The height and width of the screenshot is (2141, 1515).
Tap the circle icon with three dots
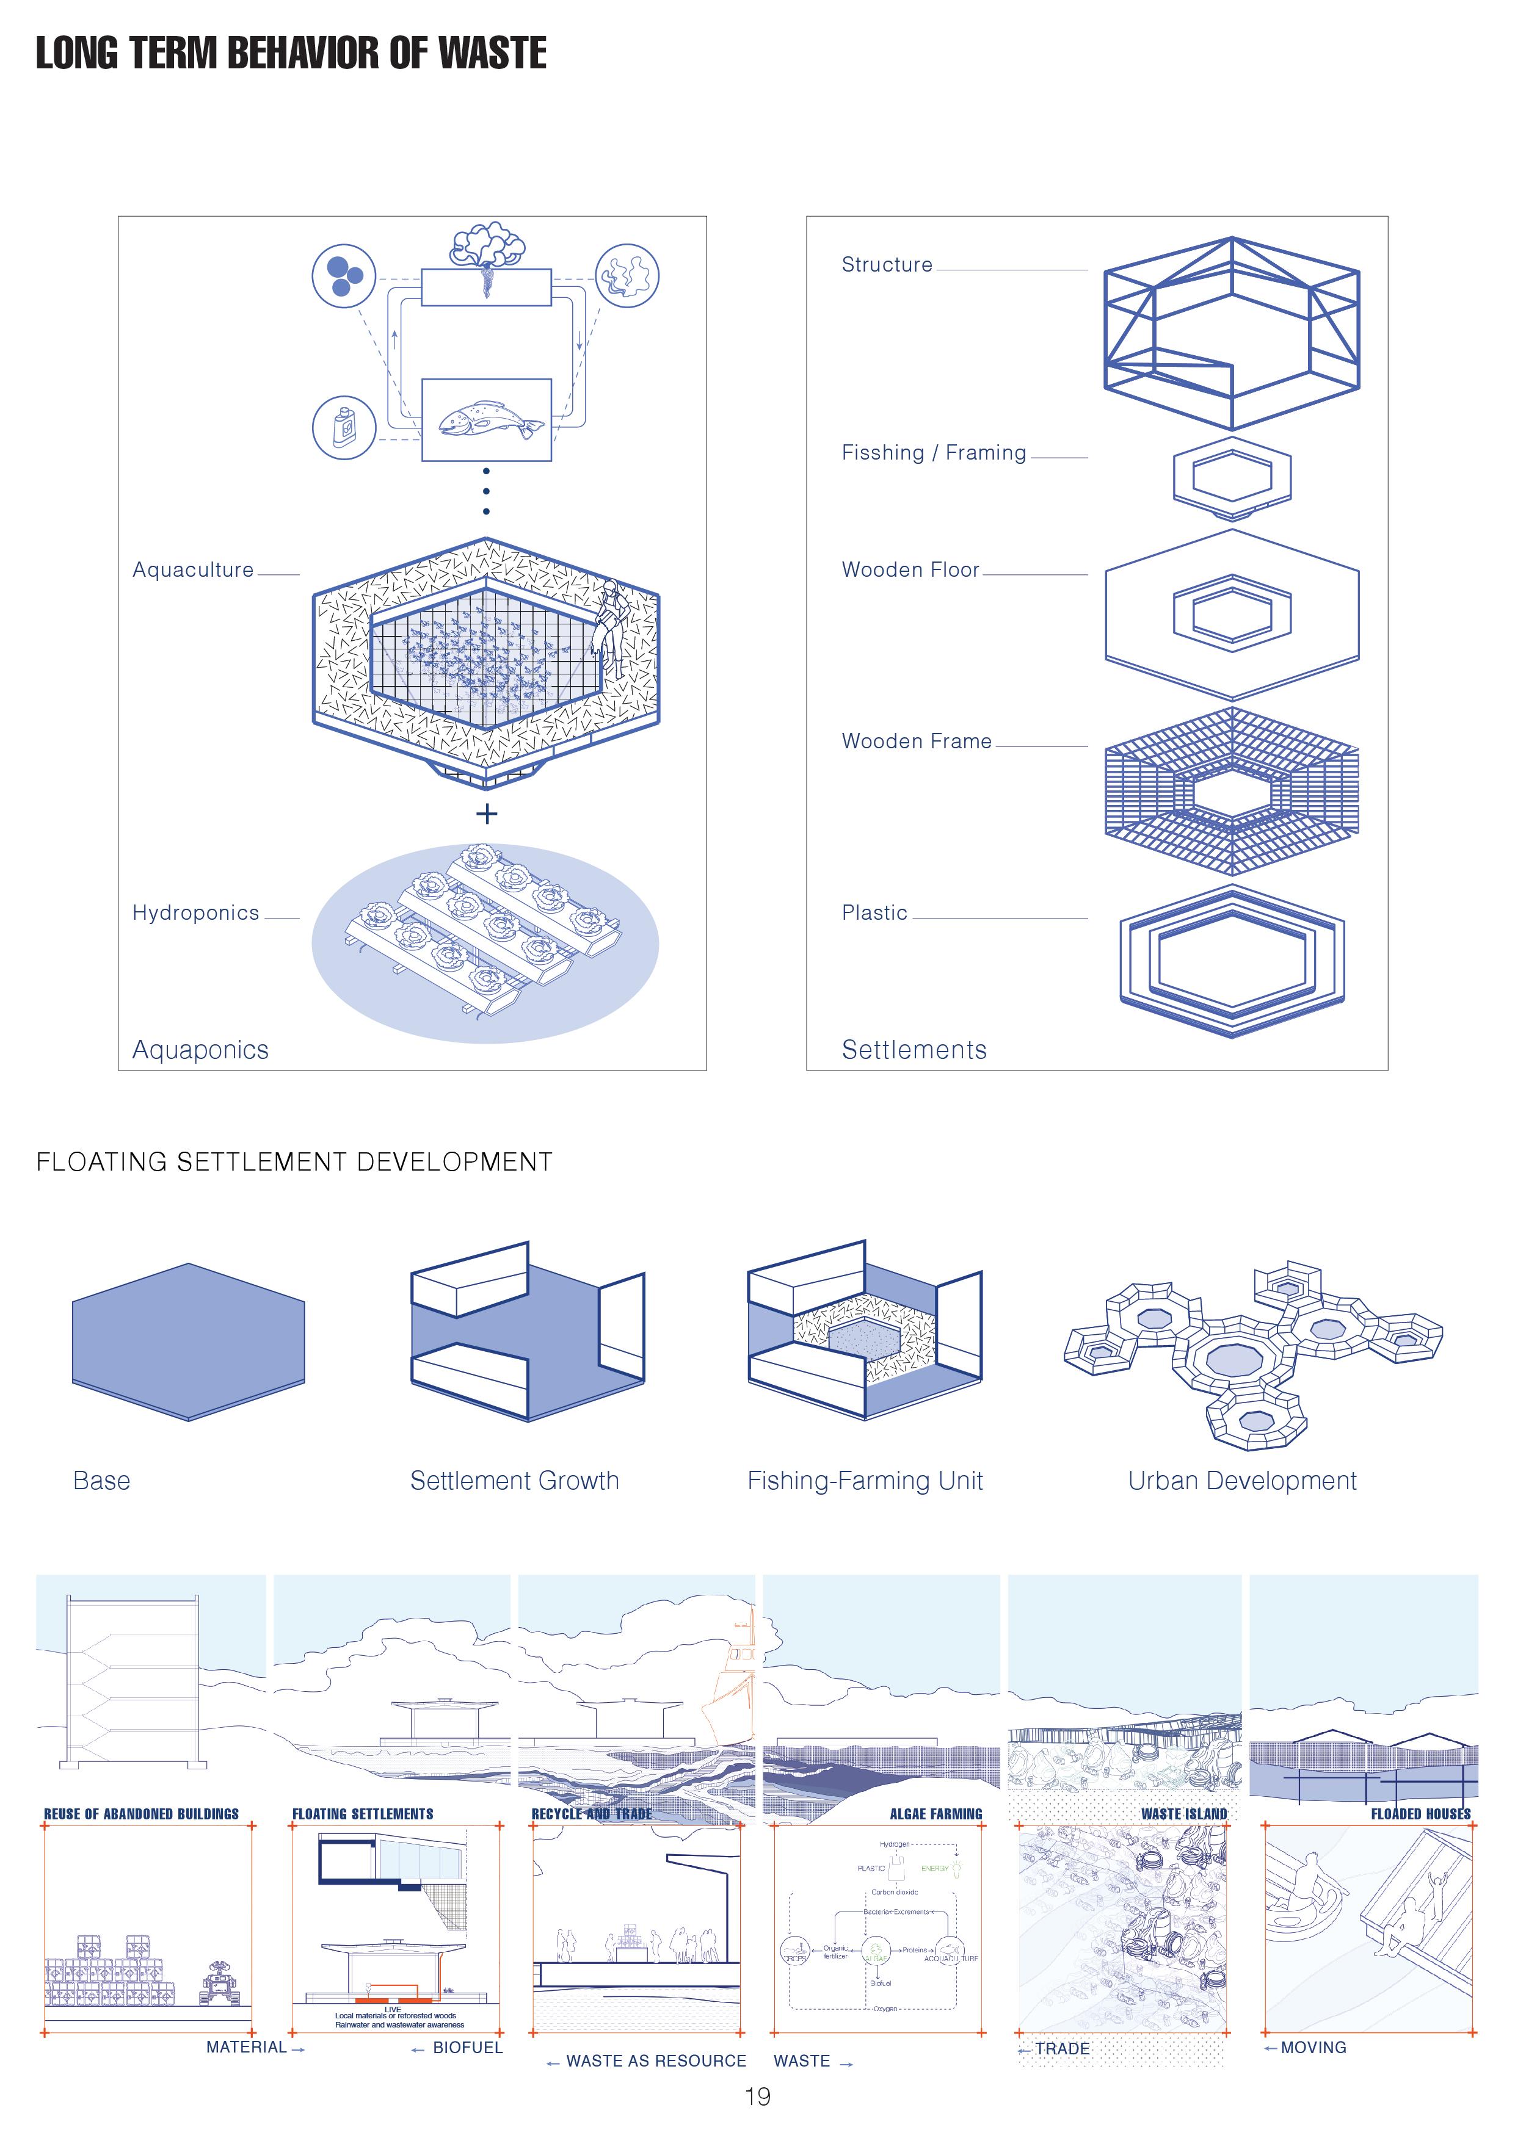[343, 276]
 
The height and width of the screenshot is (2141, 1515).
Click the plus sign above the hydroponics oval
[486, 814]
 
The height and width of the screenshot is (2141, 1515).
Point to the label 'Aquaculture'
[193, 570]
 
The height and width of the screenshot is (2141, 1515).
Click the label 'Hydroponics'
[196, 913]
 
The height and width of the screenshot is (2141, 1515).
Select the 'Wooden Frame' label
[916, 742]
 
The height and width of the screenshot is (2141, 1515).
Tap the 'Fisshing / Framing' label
[933, 453]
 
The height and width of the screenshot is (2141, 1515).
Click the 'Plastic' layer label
[874, 913]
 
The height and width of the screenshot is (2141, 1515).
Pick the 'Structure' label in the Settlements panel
[886, 265]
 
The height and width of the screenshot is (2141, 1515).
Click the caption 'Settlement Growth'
[514, 1481]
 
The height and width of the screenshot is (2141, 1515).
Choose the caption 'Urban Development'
[1241, 1481]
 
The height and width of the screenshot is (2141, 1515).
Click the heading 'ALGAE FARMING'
[936, 1814]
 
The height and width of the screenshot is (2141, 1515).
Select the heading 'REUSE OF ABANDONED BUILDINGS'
[141, 1814]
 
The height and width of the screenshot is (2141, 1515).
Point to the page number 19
[757, 2097]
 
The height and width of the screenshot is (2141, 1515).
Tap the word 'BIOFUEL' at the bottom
[467, 2048]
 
